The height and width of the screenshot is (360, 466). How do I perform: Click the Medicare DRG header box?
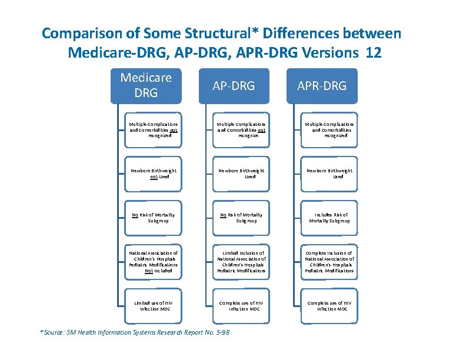146,86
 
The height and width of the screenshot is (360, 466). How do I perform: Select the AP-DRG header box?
234,86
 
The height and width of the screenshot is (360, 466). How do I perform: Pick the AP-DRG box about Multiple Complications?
241,129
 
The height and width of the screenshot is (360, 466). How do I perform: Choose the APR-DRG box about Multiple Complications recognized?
329,129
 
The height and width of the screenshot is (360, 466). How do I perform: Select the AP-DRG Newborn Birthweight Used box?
241,174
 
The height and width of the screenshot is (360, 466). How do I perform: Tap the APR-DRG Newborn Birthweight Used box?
329,174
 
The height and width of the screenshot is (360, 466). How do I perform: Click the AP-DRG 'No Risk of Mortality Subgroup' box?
241,218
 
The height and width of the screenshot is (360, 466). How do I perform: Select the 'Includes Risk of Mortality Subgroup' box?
329,218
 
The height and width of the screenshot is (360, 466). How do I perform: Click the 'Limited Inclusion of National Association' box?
241,262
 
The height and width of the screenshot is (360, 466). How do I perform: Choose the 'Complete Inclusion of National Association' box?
329,262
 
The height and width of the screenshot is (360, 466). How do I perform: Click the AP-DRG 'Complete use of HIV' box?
241,305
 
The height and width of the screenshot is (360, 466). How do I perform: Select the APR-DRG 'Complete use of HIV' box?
329,305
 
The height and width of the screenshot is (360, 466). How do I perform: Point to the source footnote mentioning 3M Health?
135,332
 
